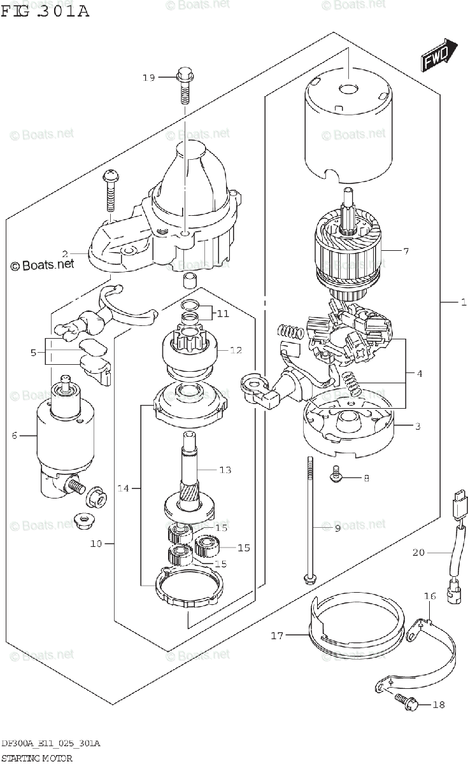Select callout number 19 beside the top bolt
(x=148, y=78)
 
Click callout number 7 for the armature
(x=423, y=251)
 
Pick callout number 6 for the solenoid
(x=13, y=435)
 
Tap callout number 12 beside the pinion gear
(x=236, y=350)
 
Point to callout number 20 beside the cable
(x=418, y=552)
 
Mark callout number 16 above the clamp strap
(x=430, y=596)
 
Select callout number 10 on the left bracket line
(x=96, y=544)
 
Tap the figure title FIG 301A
(x=45, y=11)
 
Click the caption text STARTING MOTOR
(x=36, y=758)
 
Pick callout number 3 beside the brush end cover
(x=418, y=427)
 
